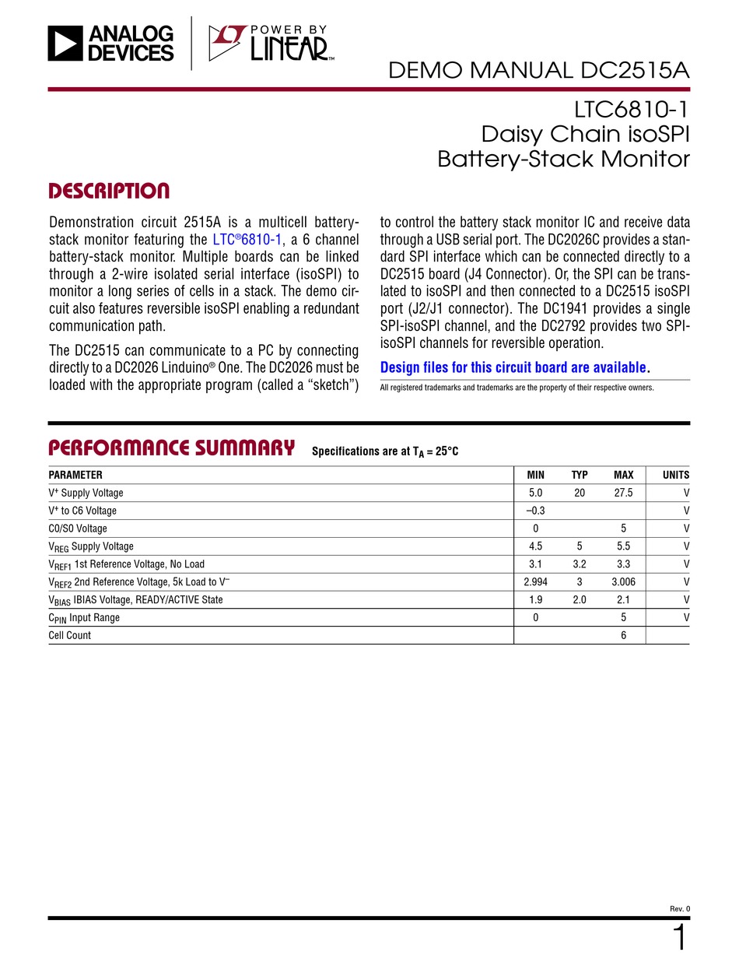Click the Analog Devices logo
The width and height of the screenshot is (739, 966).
[x=110, y=43]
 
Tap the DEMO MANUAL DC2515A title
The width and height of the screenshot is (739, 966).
[x=538, y=71]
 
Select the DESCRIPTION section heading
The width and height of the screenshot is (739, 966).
[x=109, y=191]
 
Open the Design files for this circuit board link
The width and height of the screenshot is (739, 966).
[x=513, y=367]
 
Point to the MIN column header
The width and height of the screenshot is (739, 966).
[x=535, y=475]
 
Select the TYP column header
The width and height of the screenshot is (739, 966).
[x=580, y=475]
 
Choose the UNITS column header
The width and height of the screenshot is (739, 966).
[x=675, y=475]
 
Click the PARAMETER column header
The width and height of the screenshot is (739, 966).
[x=75, y=475]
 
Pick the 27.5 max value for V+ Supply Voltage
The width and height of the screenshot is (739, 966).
[x=623, y=493]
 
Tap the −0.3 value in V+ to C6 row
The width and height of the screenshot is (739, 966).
[x=535, y=511]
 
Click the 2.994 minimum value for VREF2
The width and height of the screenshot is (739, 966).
[x=535, y=581]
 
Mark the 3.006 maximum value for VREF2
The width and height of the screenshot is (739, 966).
[x=623, y=581]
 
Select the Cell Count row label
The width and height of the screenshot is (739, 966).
[x=70, y=635]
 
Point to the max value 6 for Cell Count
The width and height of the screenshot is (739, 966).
[x=623, y=635]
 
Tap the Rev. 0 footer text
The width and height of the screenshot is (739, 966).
[x=679, y=908]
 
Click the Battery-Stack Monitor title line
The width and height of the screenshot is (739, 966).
[x=563, y=160]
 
